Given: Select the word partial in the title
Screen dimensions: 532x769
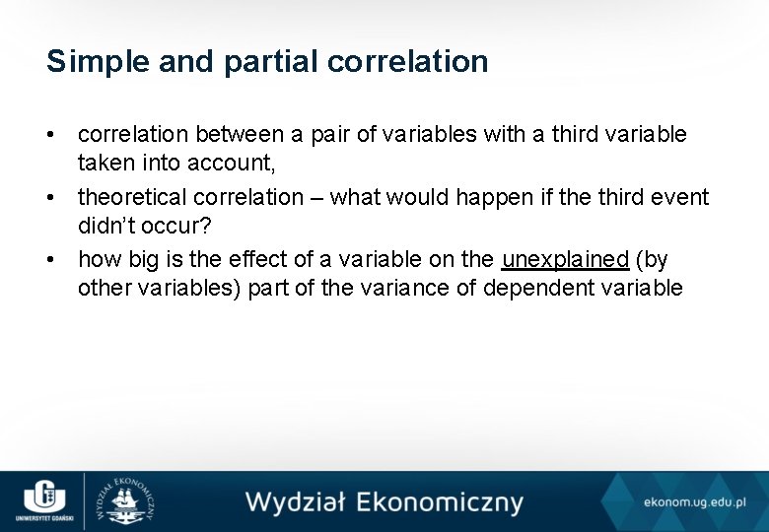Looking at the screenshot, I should (x=270, y=62).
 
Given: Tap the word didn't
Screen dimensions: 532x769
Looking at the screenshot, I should (x=106, y=226).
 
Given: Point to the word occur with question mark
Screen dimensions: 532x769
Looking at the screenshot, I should (x=176, y=226).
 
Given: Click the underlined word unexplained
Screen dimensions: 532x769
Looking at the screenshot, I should (x=565, y=260).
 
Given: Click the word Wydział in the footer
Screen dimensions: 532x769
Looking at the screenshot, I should (x=294, y=502).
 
